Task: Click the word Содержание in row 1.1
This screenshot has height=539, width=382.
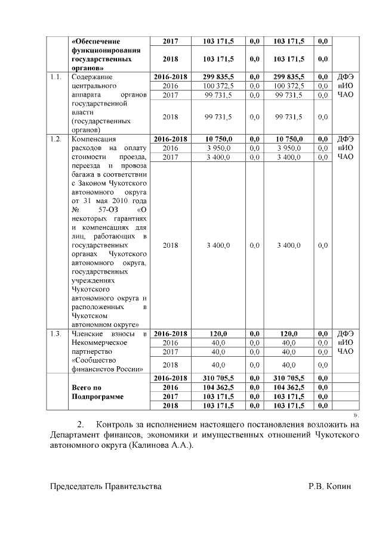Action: (92, 77)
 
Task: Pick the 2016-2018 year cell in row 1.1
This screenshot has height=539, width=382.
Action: (170, 77)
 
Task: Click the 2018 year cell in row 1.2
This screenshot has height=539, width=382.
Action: (170, 245)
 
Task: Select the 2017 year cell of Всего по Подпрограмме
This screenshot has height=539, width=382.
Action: (170, 396)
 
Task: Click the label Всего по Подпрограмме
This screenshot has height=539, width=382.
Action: (95, 391)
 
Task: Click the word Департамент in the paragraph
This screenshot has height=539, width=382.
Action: (76, 435)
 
